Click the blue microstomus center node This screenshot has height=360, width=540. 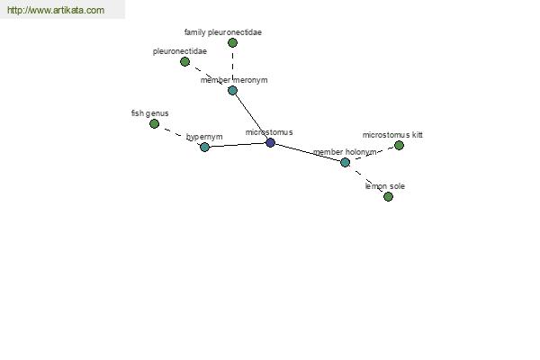270,142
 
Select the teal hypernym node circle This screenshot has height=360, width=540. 204,147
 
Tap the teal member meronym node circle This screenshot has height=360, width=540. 232,91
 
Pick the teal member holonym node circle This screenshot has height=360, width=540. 345,162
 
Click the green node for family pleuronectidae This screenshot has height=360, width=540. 232,42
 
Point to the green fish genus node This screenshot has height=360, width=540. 154,123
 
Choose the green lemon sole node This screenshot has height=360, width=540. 388,197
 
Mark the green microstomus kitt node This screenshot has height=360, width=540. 399,146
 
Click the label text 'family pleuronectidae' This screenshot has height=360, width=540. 223,32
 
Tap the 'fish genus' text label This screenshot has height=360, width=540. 149,113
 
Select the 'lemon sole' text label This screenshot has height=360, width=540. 384,186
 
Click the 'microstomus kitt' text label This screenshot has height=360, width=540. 392,135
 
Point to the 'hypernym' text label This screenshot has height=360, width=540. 204,137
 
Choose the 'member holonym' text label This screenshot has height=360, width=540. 345,152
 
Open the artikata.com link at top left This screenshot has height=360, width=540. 56,10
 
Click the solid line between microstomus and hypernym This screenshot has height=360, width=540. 238,145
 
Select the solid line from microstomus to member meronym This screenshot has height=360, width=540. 251,116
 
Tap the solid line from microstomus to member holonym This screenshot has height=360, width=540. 308,153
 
